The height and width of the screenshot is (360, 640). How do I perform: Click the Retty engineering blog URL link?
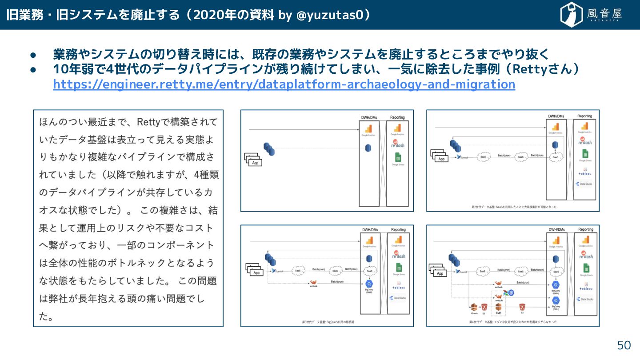coord(284,84)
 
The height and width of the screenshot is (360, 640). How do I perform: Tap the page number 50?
coord(624,345)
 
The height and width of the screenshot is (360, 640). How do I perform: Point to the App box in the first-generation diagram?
coord(255,163)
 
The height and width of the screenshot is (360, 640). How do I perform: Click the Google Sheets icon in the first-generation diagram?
coord(398,157)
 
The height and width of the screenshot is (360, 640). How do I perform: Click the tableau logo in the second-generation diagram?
coord(585,173)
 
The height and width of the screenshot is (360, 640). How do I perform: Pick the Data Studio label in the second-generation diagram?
coord(586,184)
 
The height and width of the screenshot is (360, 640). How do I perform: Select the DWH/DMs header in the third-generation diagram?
coord(370,230)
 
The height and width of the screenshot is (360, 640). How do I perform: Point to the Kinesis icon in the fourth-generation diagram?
coord(474,307)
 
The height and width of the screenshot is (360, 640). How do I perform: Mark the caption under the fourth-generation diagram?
coord(513,321)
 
